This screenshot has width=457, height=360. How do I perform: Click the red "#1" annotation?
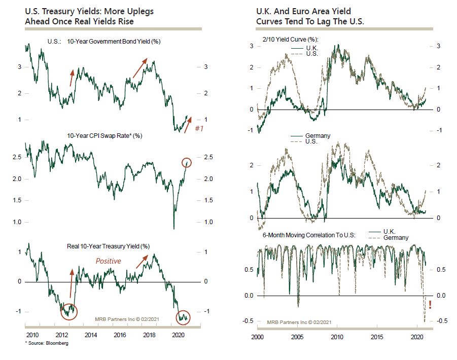point(199,128)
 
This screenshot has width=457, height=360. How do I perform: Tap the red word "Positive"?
point(108,261)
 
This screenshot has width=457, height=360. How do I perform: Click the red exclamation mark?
point(430,305)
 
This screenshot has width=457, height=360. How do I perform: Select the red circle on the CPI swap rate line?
point(187,163)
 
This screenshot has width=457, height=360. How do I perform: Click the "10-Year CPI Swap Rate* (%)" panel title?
point(104,136)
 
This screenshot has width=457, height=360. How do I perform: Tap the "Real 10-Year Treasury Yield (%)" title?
point(108,246)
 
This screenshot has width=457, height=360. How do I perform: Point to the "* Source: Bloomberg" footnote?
point(47,343)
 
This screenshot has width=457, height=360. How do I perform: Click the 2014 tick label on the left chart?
point(91,335)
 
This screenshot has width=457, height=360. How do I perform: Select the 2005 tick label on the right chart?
point(297,337)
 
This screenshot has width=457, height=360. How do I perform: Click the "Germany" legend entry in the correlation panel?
point(396,238)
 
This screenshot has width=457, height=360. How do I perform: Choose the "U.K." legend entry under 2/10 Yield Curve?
point(312,48)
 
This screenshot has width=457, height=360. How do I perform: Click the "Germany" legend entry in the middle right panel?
point(318,136)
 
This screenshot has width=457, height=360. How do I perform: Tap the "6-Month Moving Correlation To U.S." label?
point(309,235)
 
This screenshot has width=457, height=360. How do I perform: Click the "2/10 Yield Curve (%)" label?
point(290,40)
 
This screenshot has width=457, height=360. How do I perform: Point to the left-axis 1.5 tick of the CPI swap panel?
point(17,200)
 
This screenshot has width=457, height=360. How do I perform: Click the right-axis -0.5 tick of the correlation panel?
point(442,320)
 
